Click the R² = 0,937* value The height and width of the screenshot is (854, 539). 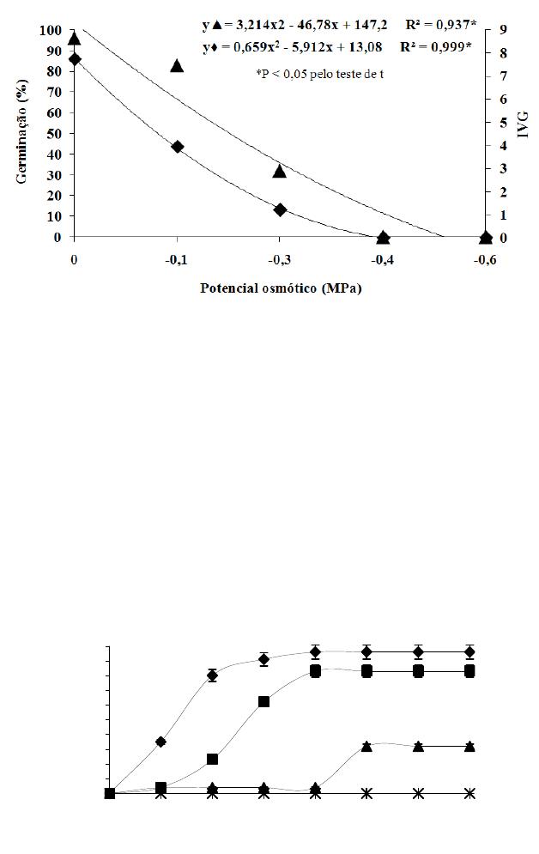440,27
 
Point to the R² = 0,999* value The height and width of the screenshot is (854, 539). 439,46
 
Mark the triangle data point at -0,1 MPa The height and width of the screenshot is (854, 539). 177,65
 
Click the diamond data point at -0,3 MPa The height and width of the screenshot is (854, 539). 280,209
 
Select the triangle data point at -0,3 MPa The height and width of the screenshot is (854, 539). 280,171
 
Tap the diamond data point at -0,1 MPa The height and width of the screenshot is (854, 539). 177,147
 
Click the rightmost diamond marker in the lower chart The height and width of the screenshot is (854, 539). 469,651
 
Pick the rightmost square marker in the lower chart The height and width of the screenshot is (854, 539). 469,670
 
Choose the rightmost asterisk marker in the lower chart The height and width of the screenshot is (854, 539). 469,794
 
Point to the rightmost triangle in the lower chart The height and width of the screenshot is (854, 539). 469,746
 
